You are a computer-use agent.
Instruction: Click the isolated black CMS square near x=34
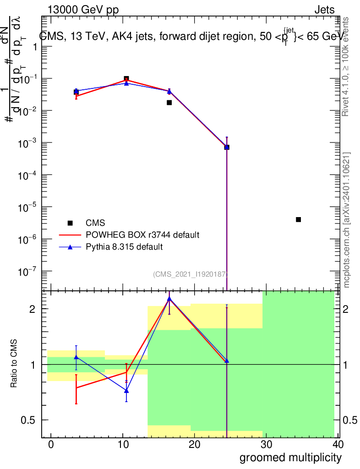[x=298, y=219]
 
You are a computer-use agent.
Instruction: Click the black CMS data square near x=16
[x=169, y=103]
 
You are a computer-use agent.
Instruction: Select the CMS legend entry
[x=95, y=223]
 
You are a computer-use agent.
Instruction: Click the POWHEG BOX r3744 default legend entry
[x=142, y=235]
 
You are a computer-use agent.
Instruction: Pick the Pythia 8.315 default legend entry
[x=124, y=247]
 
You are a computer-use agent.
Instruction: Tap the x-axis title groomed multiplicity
[x=290, y=457]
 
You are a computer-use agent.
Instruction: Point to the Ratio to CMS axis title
[x=15, y=365]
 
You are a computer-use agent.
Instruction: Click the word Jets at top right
[x=324, y=10]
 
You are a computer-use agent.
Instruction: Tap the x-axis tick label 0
[x=51, y=444]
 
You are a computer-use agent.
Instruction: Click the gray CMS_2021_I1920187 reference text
[x=190, y=274]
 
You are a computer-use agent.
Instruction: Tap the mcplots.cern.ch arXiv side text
[x=347, y=220]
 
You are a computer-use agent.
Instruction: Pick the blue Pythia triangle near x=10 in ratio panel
[x=126, y=391]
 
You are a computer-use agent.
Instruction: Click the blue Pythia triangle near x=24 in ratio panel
[x=226, y=360]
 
